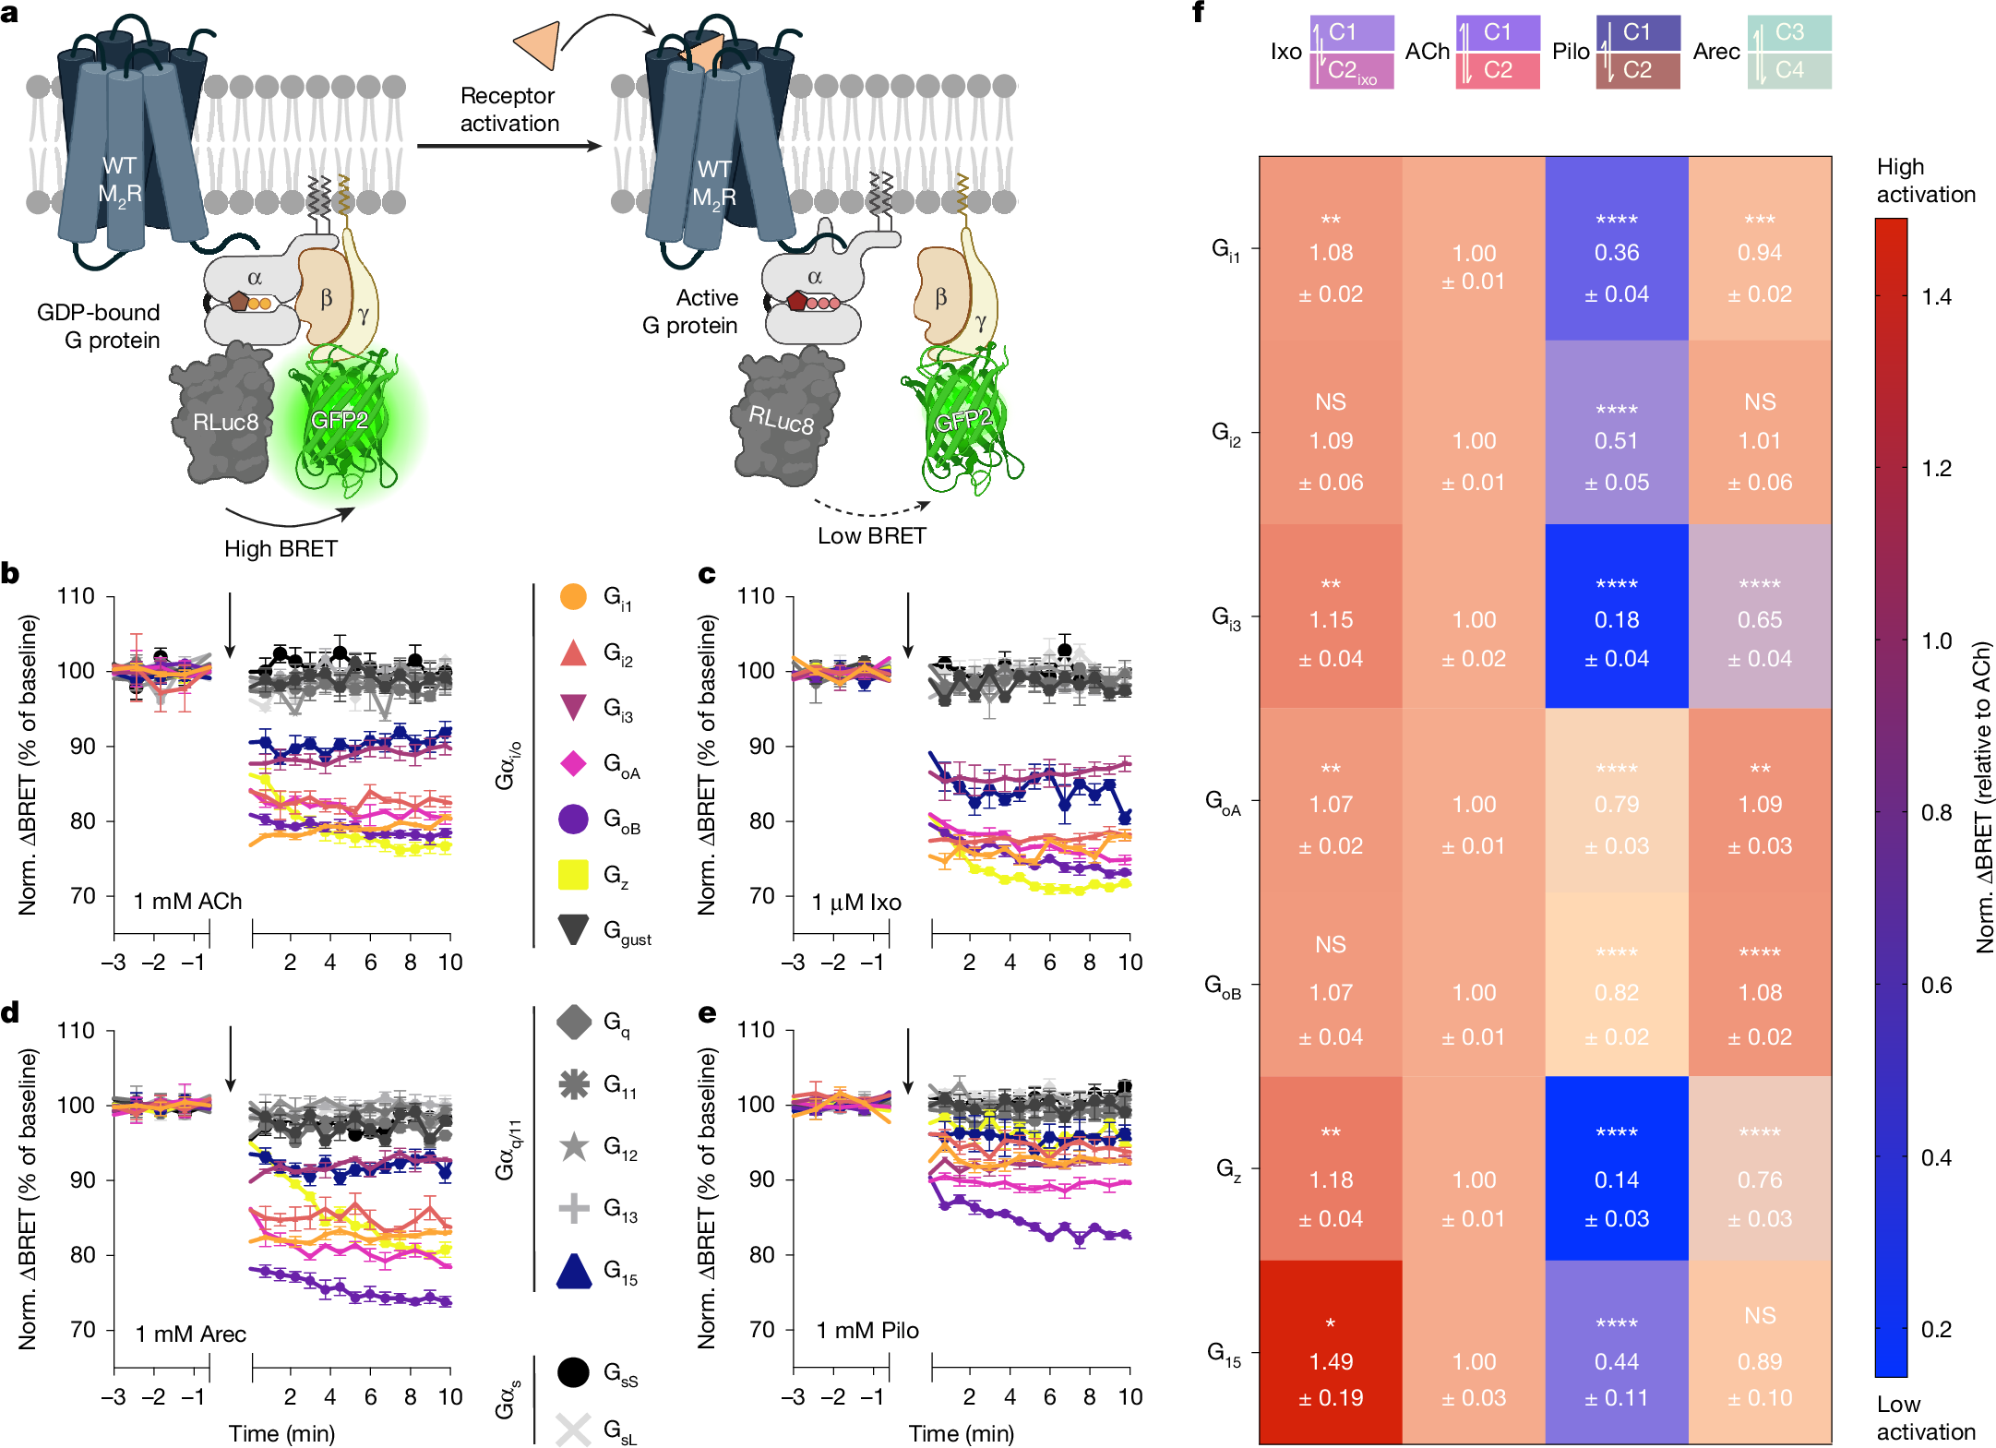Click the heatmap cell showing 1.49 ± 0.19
pyautogui.click(x=1330, y=1352)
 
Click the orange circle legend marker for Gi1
pyautogui.click(x=573, y=596)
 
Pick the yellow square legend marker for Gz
pyautogui.click(x=573, y=874)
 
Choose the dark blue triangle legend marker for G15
pyautogui.click(x=573, y=1271)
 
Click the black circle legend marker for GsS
pyautogui.click(x=573, y=1371)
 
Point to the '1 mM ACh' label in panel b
pyautogui.click(x=187, y=901)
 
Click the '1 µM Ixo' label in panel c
pyautogui.click(x=856, y=902)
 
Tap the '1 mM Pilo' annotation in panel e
pyautogui.click(x=867, y=1330)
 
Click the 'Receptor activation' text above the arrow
pyautogui.click(x=508, y=109)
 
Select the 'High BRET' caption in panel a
pyautogui.click(x=281, y=548)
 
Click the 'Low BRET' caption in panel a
pyautogui.click(x=871, y=535)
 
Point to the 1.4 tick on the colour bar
pyautogui.click(x=1936, y=296)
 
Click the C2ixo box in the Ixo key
pyautogui.click(x=1351, y=71)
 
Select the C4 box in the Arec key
pyautogui.click(x=1788, y=70)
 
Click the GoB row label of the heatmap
pyautogui.click(x=1224, y=986)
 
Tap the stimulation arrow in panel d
pyautogui.click(x=231, y=1058)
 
